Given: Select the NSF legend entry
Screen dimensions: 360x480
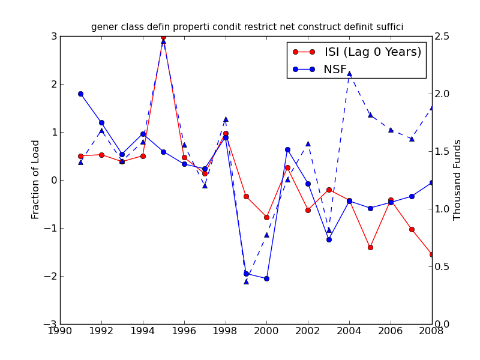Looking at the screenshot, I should (x=335, y=70).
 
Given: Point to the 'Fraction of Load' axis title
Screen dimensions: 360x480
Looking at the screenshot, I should (x=36, y=179).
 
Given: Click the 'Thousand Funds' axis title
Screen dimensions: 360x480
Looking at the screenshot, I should (x=457, y=179).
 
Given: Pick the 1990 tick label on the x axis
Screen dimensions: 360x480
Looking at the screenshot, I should (x=60, y=331).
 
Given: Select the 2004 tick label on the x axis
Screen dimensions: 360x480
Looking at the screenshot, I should (x=349, y=331).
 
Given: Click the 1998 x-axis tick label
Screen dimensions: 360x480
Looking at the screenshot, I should (x=226, y=331).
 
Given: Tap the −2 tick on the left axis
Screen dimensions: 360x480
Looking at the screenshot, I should (x=50, y=276).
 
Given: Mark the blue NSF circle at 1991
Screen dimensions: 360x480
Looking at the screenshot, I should (x=80, y=94).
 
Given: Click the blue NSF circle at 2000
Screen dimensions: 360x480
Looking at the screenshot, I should (x=266, y=278).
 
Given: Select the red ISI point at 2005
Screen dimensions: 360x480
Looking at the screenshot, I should (x=370, y=247).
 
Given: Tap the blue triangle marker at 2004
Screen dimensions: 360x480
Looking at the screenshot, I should (x=349, y=73).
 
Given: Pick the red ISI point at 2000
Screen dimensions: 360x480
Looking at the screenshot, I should (x=266, y=217).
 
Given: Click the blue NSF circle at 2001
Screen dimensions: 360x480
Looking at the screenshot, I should (x=287, y=149).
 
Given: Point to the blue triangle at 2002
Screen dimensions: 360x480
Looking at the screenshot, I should (x=308, y=143).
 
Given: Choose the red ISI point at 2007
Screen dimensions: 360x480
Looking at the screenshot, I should (x=412, y=229).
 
